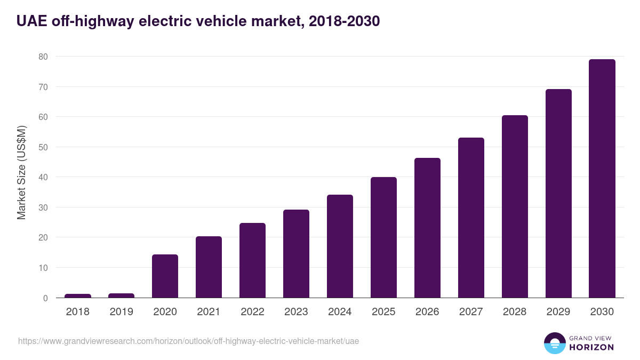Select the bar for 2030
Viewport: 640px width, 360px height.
click(602, 179)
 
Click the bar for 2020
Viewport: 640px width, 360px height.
click(165, 276)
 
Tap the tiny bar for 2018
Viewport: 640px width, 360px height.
click(78, 295)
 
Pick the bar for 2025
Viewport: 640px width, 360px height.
click(383, 237)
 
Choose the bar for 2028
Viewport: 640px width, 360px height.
click(515, 206)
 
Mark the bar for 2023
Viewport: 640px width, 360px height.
click(296, 254)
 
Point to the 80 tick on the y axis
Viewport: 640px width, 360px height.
click(43, 57)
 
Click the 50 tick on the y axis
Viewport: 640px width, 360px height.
click(43, 147)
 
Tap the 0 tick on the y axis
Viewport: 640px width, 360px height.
click(45, 298)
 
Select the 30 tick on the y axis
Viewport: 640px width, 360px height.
click(43, 207)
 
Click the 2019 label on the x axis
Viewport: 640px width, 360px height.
click(122, 312)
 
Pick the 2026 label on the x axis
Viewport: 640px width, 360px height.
click(427, 312)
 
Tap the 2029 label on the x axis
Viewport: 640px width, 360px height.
click(558, 312)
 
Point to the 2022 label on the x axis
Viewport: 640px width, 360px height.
click(252, 312)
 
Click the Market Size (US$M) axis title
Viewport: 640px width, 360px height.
click(21, 172)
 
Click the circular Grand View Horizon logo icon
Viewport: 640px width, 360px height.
click(555, 343)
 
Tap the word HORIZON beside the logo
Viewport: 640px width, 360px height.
click(591, 347)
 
